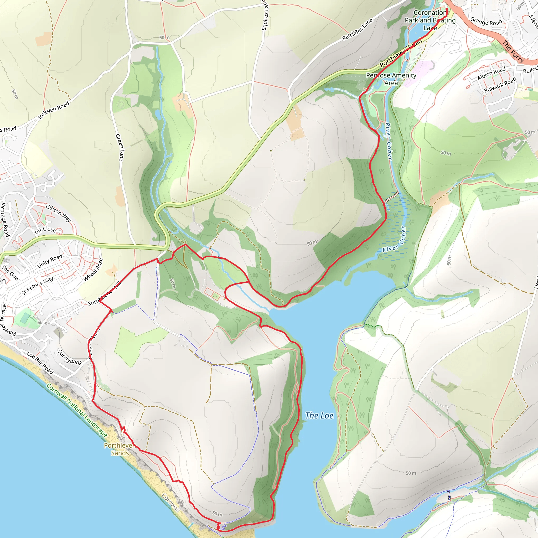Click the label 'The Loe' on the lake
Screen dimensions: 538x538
pyautogui.click(x=319, y=416)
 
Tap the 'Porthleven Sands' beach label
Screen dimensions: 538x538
pyautogui.click(x=120, y=449)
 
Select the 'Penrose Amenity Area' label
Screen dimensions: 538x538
pyautogui.click(x=391, y=79)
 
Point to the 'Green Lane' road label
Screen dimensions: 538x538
pyautogui.click(x=120, y=147)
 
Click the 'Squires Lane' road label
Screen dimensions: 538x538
pyautogui.click(x=265, y=15)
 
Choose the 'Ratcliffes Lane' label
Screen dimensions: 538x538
pyautogui.click(x=357, y=29)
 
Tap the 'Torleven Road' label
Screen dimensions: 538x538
pyautogui.click(x=54, y=111)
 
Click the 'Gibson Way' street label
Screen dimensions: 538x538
pyautogui.click(x=59, y=213)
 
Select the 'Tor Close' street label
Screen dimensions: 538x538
pyautogui.click(x=45, y=230)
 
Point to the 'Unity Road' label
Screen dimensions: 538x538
pyautogui.click(x=50, y=261)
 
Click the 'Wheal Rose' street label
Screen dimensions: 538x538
pyautogui.click(x=93, y=269)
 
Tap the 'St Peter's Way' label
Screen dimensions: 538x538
pyautogui.click(x=37, y=286)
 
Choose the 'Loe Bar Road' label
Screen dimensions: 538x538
pyautogui.click(x=40, y=363)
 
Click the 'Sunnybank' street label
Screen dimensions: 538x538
pyautogui.click(x=70, y=357)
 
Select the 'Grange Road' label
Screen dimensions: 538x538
pyautogui.click(x=486, y=22)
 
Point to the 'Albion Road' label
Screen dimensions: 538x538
pyautogui.click(x=492, y=73)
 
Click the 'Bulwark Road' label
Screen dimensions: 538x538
pyautogui.click(x=500, y=85)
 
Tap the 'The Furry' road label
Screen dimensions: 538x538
pyautogui.click(x=513, y=51)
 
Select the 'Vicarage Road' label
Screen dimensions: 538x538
pyautogui.click(x=5, y=220)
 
